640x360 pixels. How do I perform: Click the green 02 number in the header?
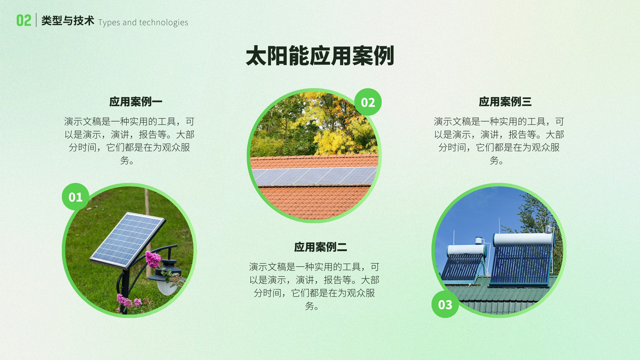[x=24, y=20]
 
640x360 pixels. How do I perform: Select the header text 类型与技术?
[x=68, y=20]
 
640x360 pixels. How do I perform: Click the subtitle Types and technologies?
[x=143, y=22]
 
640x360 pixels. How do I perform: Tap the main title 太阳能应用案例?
[x=320, y=56]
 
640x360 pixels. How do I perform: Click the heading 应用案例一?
[x=136, y=102]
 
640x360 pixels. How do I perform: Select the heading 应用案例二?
[x=320, y=247]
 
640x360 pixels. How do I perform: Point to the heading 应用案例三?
[x=505, y=102]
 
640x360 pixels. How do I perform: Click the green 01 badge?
[x=76, y=197]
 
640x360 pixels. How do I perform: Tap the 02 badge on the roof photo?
[x=368, y=102]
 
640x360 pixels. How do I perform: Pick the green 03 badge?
[x=445, y=304]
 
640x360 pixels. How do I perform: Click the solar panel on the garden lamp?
[x=128, y=240]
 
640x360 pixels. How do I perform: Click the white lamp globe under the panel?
[x=167, y=287]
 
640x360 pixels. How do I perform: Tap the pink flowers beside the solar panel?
[x=153, y=260]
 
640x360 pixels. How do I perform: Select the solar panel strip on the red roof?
[x=314, y=176]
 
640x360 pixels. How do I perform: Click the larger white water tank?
[x=523, y=240]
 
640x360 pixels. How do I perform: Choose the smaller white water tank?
[x=467, y=250]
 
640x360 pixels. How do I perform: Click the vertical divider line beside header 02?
[x=36, y=20]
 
